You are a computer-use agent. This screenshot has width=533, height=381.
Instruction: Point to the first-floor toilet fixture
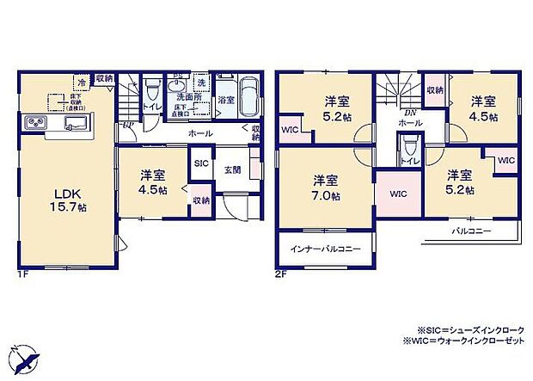(152, 89)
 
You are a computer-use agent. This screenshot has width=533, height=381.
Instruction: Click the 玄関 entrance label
(232, 169)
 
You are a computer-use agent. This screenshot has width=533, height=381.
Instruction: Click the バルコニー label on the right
(468, 233)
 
